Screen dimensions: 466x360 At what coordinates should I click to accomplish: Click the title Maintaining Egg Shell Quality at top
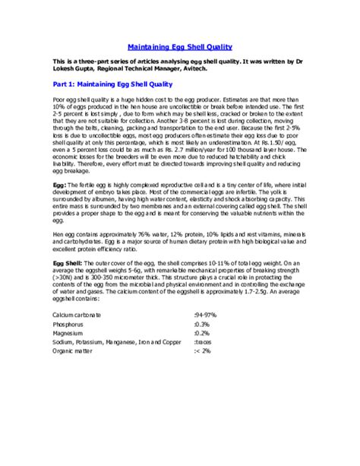coord(179,46)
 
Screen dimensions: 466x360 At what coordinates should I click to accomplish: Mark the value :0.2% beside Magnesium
coord(204,332)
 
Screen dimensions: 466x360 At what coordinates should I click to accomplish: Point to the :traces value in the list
coord(205,342)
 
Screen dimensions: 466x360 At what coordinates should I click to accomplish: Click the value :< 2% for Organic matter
coord(204,352)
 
